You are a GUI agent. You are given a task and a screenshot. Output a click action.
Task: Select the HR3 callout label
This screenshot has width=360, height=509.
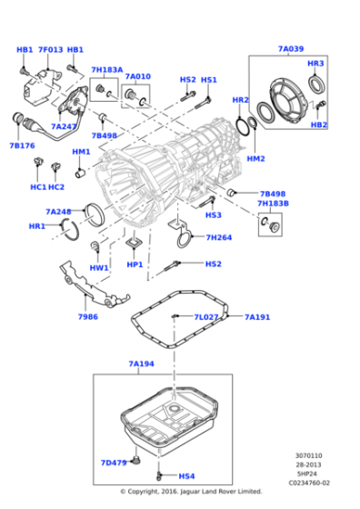[x=315, y=64]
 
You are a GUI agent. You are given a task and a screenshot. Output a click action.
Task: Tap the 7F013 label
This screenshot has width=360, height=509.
[x=50, y=50]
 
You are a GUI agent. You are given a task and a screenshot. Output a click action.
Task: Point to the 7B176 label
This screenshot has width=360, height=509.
[x=23, y=145]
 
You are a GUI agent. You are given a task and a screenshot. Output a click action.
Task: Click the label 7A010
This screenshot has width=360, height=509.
[x=137, y=77]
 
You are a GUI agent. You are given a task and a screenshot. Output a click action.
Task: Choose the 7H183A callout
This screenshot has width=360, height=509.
[x=106, y=70]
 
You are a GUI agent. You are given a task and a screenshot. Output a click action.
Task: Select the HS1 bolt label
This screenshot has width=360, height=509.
[x=209, y=80]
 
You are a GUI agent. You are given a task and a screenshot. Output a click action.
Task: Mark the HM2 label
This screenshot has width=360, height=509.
[x=255, y=159]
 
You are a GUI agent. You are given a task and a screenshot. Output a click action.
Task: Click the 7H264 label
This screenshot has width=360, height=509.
[x=219, y=237]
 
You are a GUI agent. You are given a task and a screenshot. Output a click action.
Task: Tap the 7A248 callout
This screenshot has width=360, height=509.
[x=58, y=212]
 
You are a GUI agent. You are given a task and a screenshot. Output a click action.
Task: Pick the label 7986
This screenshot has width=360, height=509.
[x=87, y=317]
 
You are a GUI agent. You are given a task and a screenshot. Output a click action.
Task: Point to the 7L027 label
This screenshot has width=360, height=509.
[x=206, y=317]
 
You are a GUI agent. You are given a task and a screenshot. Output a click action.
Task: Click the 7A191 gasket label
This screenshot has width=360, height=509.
[x=257, y=317]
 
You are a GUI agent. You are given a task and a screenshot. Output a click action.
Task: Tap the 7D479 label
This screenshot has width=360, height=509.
[x=114, y=462]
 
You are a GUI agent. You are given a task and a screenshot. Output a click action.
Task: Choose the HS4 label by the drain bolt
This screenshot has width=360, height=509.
[x=186, y=475]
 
